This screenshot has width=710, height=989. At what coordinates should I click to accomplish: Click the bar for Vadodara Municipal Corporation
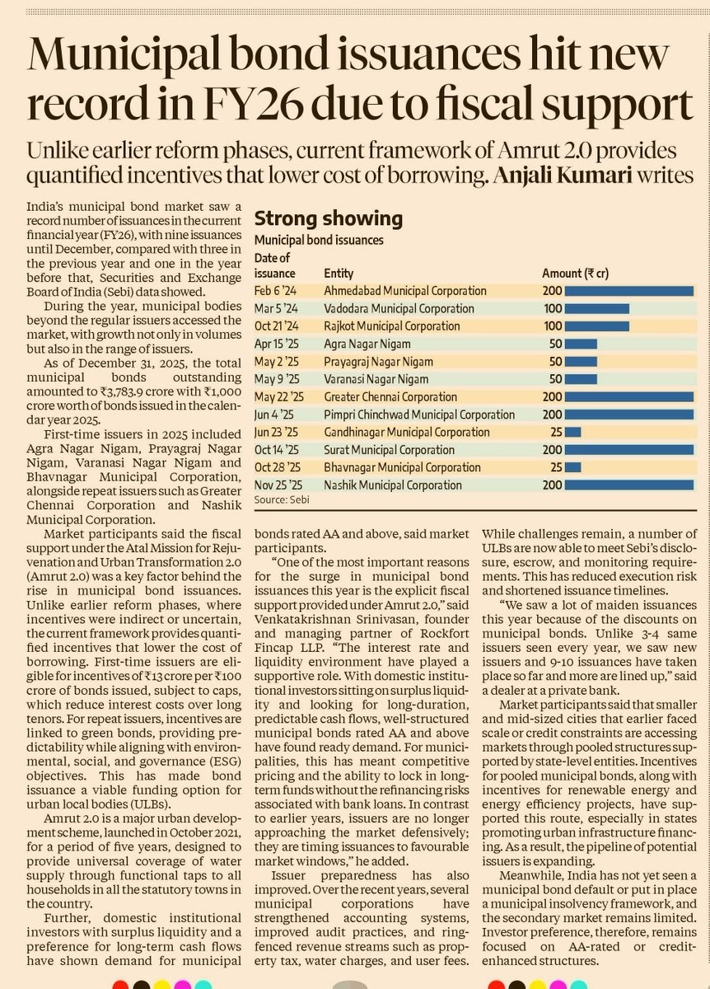coord(598,308)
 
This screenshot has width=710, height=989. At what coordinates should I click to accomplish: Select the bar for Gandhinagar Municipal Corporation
coord(573,432)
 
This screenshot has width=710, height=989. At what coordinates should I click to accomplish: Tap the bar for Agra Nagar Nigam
coord(582,344)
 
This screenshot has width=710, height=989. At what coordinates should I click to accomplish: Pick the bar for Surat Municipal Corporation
coord(630,450)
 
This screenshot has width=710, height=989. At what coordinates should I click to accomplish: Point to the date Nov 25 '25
coord(278,485)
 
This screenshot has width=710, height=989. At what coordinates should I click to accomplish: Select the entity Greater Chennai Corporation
coord(390,396)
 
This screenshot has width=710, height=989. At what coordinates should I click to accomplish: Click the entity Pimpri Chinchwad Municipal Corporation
coord(419,415)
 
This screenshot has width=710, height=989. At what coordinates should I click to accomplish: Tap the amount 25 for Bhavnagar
coord(557,467)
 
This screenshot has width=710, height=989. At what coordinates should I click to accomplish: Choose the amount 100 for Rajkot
coord(553,326)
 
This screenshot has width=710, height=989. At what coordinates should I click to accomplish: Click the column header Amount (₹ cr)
coord(575,273)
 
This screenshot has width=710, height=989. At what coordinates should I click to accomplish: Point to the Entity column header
coord(339,273)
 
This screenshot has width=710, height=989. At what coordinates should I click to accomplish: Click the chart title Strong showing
coord(328,218)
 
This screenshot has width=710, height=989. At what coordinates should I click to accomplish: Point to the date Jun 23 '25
coord(277,432)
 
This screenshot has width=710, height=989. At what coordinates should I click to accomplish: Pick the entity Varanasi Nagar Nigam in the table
coord(376,379)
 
